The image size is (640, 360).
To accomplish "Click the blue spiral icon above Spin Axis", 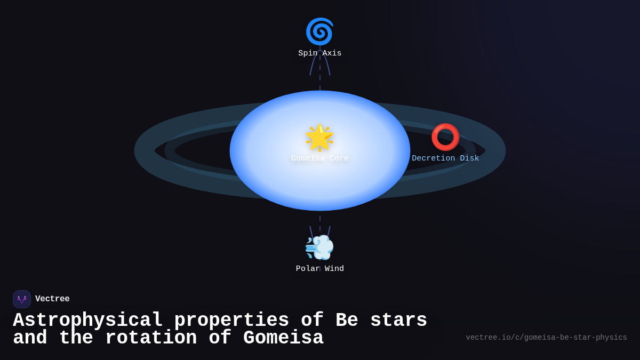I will (319, 31).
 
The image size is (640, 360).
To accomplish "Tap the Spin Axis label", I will (319, 53).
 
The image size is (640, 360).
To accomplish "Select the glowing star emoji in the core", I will (319, 137).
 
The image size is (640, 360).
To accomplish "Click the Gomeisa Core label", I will (319, 158).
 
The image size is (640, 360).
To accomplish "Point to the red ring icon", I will (445, 137).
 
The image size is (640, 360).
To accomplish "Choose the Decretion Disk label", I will (445, 158).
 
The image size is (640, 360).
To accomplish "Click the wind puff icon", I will (319, 247).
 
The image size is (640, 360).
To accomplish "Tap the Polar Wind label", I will (319, 269).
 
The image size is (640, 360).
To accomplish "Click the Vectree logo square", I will (22, 299).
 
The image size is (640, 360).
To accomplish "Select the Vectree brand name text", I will (52, 299).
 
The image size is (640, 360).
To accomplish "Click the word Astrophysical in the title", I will (87, 321).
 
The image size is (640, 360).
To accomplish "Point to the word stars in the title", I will (398, 321).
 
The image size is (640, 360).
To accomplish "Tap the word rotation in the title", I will (150, 338).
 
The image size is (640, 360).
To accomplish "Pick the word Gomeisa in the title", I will (283, 338).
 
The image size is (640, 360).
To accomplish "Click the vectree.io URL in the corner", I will (546, 338).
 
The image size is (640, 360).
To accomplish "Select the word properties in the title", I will (231, 321).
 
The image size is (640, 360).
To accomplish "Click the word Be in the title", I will (347, 321).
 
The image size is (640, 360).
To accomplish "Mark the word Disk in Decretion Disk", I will (469, 158).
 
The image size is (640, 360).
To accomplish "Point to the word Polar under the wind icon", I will (308, 269).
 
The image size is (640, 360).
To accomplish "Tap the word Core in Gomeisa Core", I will (339, 158).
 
